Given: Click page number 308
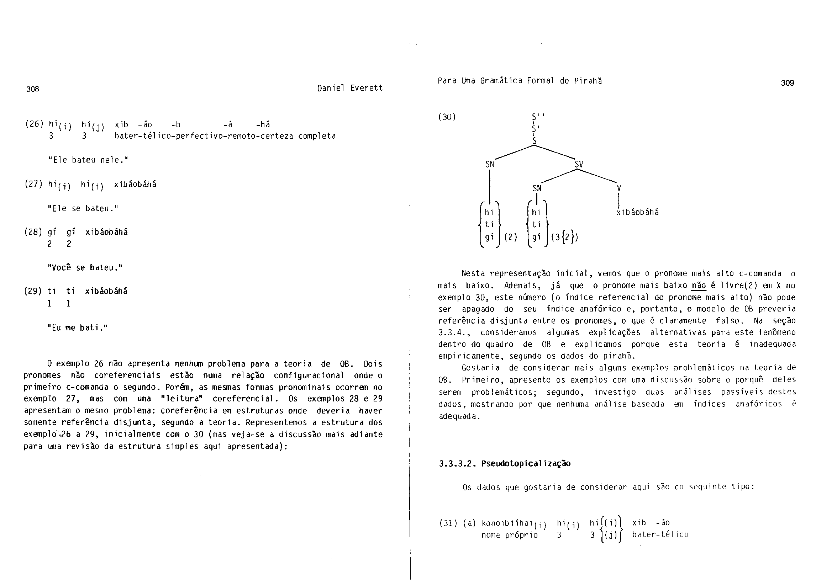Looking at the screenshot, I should click(33, 89).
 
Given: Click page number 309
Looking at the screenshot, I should click(788, 83).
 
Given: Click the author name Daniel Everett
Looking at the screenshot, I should click(350, 88).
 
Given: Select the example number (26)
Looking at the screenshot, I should click(34, 124).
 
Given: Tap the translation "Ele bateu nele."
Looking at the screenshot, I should click(88, 160).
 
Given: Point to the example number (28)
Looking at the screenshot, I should click(33, 232).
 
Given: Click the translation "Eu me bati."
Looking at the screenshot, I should click(78, 328).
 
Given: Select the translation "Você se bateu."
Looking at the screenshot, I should click(85, 268).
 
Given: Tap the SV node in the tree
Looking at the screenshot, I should click(579, 164).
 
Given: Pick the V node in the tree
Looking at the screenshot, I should click(619, 188).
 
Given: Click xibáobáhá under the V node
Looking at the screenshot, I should click(637, 212).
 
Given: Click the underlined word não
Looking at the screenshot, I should click(698, 286).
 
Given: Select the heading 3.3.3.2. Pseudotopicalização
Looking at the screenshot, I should click(504, 464).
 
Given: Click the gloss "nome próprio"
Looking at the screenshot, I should click(510, 535).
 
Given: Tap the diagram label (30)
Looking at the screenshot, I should click(447, 117).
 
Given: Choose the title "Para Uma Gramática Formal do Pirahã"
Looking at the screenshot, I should click(520, 81).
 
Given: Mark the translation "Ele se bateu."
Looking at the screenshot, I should click(83, 208).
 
